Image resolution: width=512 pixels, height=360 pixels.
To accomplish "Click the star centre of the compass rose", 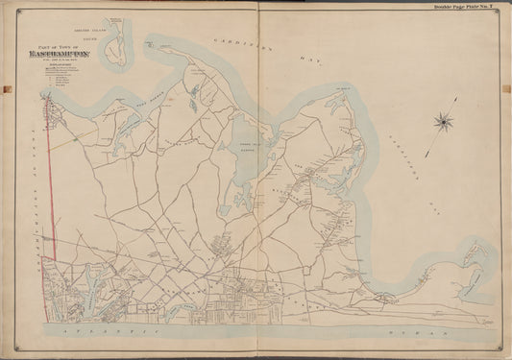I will point(443,121).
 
